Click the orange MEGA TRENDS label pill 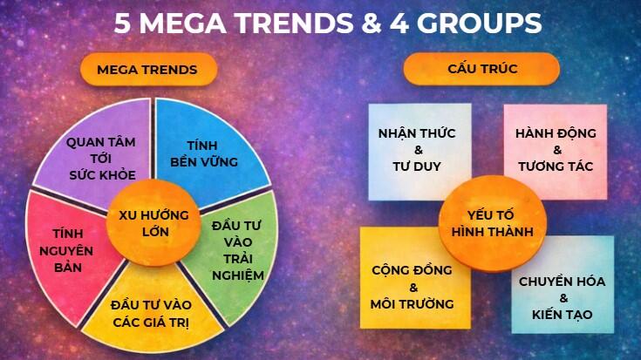[x=147, y=70]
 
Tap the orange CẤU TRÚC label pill [x=481, y=70]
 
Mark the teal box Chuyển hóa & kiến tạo [x=563, y=295]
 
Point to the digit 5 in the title [x=125, y=23]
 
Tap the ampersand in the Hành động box [x=556, y=150]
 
